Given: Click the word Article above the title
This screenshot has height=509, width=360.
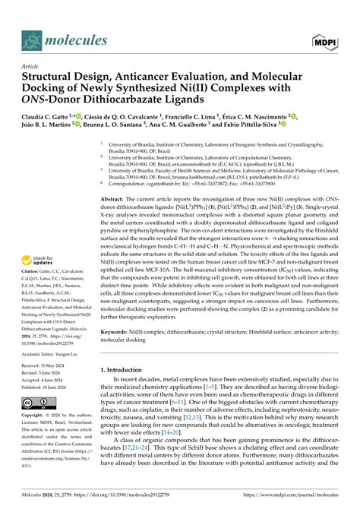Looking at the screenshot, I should [x=30, y=67].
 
